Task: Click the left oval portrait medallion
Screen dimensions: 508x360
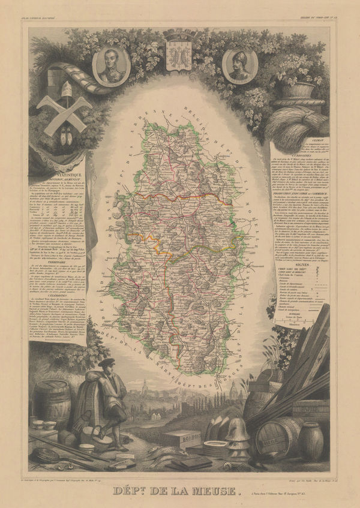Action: point(111,67)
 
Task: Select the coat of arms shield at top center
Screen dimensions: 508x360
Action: point(178,55)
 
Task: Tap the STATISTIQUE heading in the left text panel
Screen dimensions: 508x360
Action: point(56,172)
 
